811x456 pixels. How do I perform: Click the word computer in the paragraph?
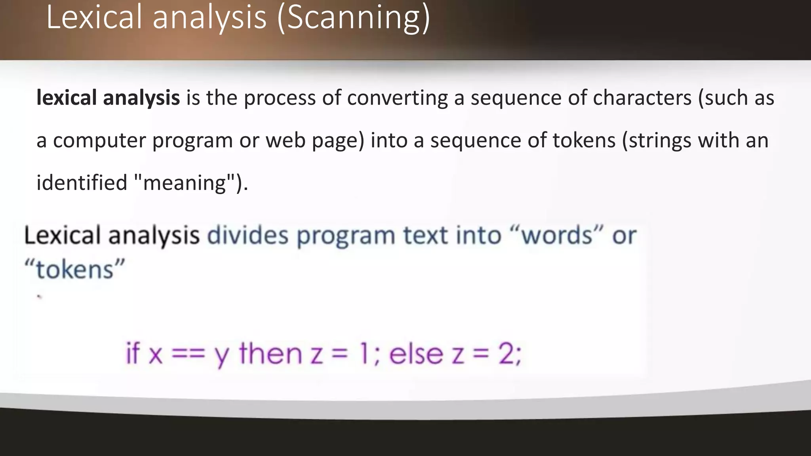pos(99,141)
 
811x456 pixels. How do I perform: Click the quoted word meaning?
pos(184,183)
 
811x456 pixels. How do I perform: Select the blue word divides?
pos(248,236)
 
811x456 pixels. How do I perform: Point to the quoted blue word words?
pos(557,236)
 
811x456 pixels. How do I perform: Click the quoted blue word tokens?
pos(75,270)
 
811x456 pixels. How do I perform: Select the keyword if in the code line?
pos(133,353)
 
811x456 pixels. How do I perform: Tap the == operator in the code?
pos(188,353)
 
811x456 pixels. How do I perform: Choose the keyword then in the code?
pos(271,353)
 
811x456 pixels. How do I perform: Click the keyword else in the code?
pos(416,353)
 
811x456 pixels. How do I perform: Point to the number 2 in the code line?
pos(506,353)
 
